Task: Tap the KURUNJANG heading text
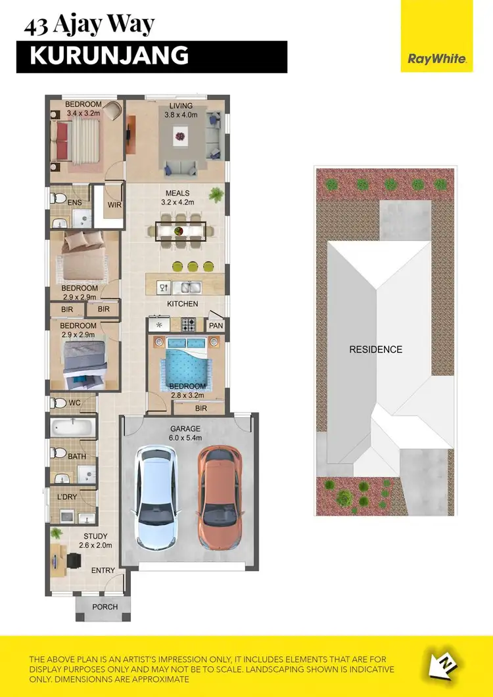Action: (x=109, y=56)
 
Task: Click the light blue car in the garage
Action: (x=157, y=498)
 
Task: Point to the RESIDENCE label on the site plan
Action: (x=375, y=349)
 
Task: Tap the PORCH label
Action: (x=105, y=607)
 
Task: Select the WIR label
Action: (x=114, y=205)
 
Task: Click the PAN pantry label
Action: (x=216, y=325)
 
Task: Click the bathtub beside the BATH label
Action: (x=73, y=428)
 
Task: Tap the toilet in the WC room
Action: (x=59, y=402)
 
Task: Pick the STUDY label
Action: (x=96, y=537)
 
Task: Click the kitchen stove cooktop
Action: (x=188, y=324)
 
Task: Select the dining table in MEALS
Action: (x=181, y=231)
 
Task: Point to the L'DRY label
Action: (x=67, y=497)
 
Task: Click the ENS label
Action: (x=74, y=204)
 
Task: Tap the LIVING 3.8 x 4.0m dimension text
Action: (x=180, y=110)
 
